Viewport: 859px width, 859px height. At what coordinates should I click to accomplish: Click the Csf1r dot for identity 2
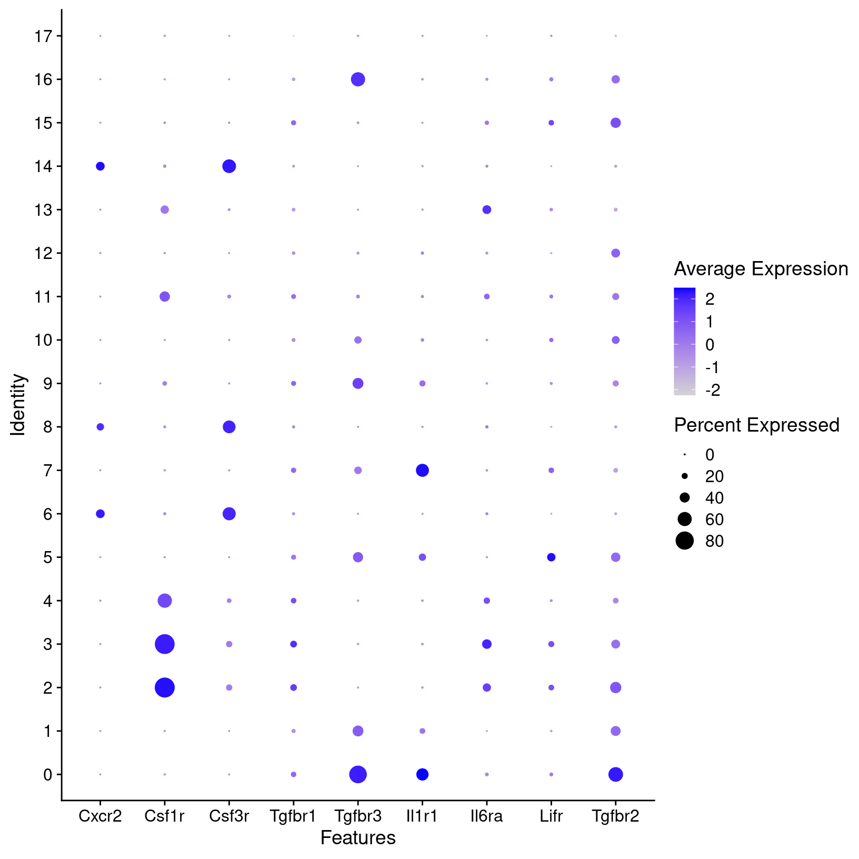click(x=165, y=687)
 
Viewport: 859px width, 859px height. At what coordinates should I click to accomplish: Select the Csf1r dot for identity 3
click(x=165, y=644)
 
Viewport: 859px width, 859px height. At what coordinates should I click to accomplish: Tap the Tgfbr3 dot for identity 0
click(x=358, y=774)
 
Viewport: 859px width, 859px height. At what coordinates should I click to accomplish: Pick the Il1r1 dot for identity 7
click(x=422, y=470)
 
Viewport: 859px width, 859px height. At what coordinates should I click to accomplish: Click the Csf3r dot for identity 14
click(x=229, y=166)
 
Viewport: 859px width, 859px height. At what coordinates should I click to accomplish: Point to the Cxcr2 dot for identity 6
click(x=100, y=514)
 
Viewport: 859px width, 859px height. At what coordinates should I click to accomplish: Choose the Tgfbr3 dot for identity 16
click(x=358, y=79)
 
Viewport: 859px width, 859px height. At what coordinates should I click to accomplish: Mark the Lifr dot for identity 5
click(x=551, y=557)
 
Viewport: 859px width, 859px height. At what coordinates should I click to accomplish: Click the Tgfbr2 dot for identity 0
click(x=615, y=774)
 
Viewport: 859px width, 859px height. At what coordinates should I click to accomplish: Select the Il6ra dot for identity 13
click(x=487, y=209)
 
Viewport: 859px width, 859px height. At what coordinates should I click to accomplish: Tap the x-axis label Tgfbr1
click(x=293, y=816)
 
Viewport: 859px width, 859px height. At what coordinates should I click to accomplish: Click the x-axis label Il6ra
click(x=487, y=816)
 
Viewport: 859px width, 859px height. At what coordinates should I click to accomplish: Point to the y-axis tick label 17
click(x=43, y=36)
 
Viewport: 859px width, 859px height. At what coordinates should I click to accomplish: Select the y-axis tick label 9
click(x=48, y=384)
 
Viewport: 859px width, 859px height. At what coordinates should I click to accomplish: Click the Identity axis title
click(x=18, y=405)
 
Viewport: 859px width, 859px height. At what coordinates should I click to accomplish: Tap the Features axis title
click(x=358, y=838)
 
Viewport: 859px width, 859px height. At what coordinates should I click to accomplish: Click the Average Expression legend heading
click(x=761, y=269)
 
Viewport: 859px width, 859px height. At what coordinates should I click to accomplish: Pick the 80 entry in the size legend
click(x=714, y=541)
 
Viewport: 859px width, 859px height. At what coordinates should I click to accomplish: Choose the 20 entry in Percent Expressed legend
click(x=714, y=476)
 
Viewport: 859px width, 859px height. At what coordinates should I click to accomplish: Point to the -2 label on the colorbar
click(x=712, y=390)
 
